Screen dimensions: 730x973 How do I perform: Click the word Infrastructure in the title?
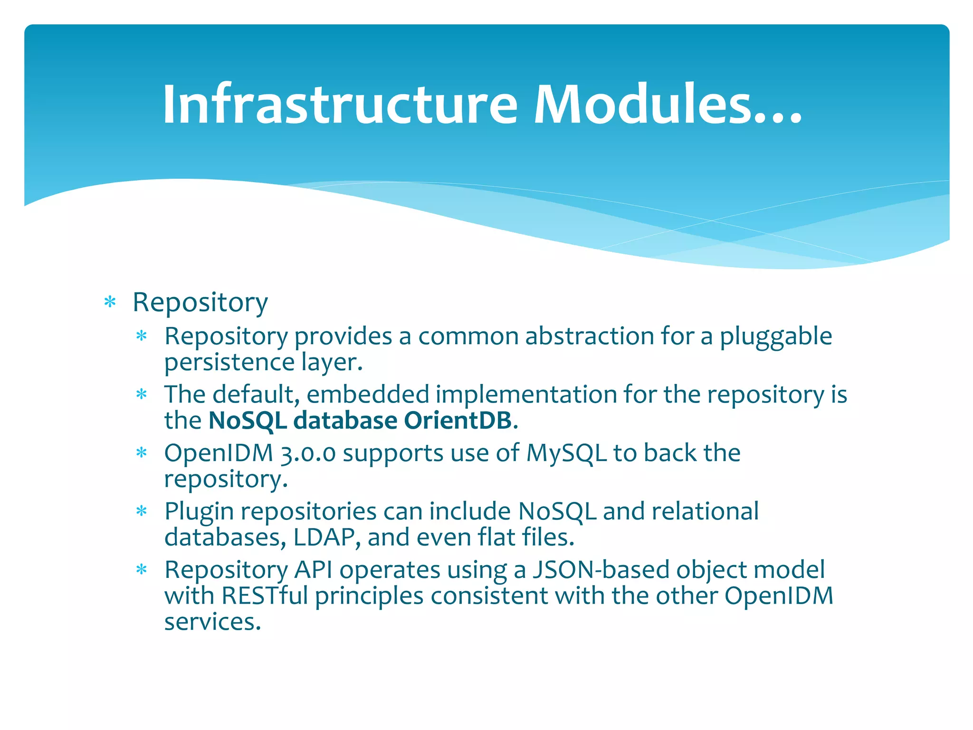(x=339, y=104)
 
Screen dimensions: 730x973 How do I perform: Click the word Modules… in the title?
(x=667, y=104)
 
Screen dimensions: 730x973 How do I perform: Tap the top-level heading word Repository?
(x=200, y=302)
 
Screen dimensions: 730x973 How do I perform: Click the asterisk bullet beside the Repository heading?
(x=110, y=302)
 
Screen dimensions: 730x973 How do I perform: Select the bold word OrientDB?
(x=458, y=420)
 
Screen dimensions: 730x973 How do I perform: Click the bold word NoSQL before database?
(x=248, y=420)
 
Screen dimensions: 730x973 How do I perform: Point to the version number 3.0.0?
(x=308, y=452)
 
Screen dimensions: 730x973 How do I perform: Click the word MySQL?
(x=566, y=452)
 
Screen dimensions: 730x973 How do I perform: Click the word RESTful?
(x=265, y=596)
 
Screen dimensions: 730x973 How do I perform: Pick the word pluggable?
(x=775, y=336)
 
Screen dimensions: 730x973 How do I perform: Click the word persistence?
(x=229, y=362)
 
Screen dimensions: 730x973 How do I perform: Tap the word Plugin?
(x=199, y=511)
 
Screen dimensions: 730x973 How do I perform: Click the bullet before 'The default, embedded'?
(x=142, y=394)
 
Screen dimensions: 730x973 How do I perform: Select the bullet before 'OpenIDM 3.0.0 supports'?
(x=142, y=453)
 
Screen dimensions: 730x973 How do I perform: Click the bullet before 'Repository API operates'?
(x=142, y=570)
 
